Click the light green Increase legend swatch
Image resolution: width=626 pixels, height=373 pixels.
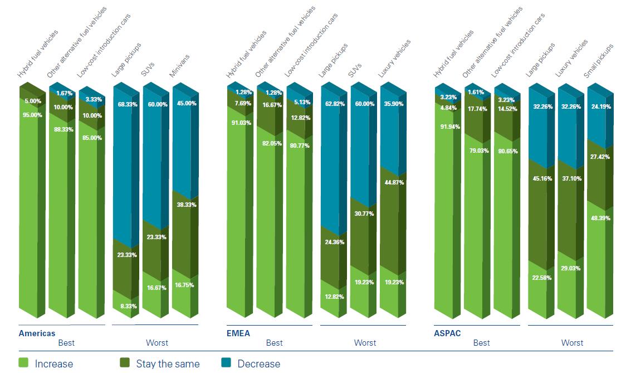pyautogui.click(x=24, y=363)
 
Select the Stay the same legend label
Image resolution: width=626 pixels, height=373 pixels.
pyautogui.click(x=168, y=364)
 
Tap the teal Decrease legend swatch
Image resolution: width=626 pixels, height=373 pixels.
pyautogui.click(x=227, y=363)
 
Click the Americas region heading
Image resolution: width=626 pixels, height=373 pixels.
pyautogui.click(x=37, y=333)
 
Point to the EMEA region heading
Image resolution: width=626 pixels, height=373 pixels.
pyautogui.click(x=238, y=333)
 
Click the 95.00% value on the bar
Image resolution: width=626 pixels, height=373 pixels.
pyautogui.click(x=32, y=115)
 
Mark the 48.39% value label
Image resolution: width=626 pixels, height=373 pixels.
pyautogui.click(x=599, y=218)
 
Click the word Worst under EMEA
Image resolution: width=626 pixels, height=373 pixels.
pyautogui.click(x=365, y=343)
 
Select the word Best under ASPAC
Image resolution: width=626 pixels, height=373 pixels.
pyautogui.click(x=482, y=343)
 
